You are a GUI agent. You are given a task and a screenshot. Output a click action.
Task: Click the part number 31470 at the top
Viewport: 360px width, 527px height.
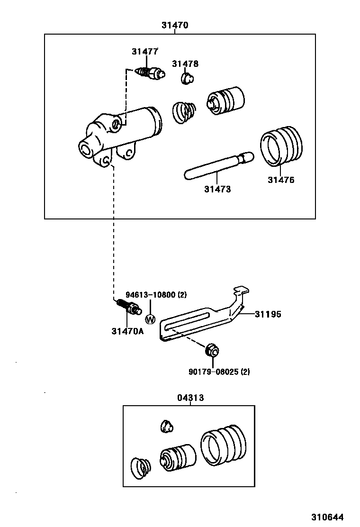point(175,26)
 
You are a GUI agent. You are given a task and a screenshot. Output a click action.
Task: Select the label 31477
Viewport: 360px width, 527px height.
point(145,52)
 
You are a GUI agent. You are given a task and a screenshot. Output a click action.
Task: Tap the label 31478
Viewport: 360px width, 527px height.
point(185,64)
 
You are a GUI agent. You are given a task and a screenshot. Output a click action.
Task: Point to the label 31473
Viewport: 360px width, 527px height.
point(217,189)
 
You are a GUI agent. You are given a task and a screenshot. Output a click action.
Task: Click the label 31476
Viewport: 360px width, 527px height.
point(281,180)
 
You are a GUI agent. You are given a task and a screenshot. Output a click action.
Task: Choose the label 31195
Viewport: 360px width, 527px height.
point(268,314)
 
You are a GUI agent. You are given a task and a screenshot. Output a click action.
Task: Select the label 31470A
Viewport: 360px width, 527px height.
point(127,331)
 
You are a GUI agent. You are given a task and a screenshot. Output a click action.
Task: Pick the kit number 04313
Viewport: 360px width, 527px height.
point(190,398)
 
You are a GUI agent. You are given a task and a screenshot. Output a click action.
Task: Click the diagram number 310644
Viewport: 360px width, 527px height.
point(327,517)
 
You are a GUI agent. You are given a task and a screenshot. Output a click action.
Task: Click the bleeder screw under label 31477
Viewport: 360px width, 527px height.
point(150,73)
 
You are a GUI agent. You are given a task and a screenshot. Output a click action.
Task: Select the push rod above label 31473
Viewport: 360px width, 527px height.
point(217,165)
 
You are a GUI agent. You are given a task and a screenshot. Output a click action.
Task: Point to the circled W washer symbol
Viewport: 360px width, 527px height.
point(150,319)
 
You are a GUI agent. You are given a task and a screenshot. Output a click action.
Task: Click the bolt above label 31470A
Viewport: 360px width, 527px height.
point(128,307)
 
